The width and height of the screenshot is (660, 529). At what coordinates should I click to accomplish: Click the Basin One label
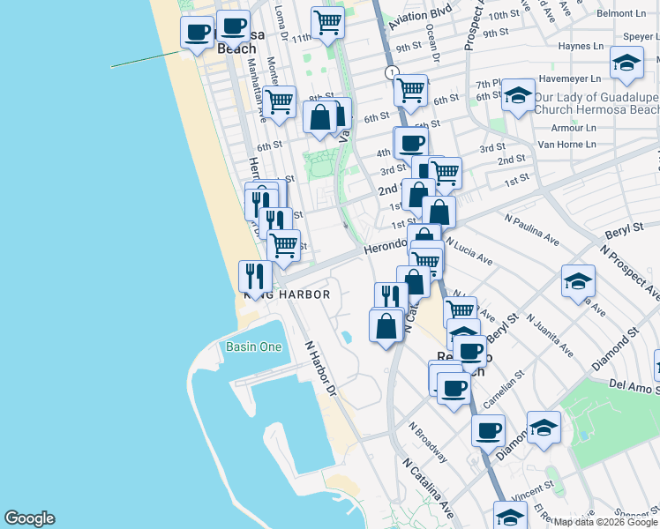(x=253, y=346)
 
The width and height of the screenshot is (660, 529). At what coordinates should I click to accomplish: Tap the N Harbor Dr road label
(x=321, y=368)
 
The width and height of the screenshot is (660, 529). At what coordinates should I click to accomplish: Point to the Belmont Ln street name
(x=621, y=14)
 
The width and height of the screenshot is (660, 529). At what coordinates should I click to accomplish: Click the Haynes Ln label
(x=584, y=47)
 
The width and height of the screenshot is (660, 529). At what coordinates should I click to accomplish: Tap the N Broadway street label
(x=428, y=440)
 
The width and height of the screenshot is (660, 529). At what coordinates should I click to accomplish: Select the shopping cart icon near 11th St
(x=328, y=22)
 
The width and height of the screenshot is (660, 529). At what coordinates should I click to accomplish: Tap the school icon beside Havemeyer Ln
(x=626, y=63)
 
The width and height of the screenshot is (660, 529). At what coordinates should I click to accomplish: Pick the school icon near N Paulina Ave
(x=578, y=281)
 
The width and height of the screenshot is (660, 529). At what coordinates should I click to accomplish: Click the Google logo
(x=29, y=518)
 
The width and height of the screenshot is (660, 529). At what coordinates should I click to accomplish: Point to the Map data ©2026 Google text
(x=605, y=522)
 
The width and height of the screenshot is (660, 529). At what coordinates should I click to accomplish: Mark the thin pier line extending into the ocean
(x=146, y=60)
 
